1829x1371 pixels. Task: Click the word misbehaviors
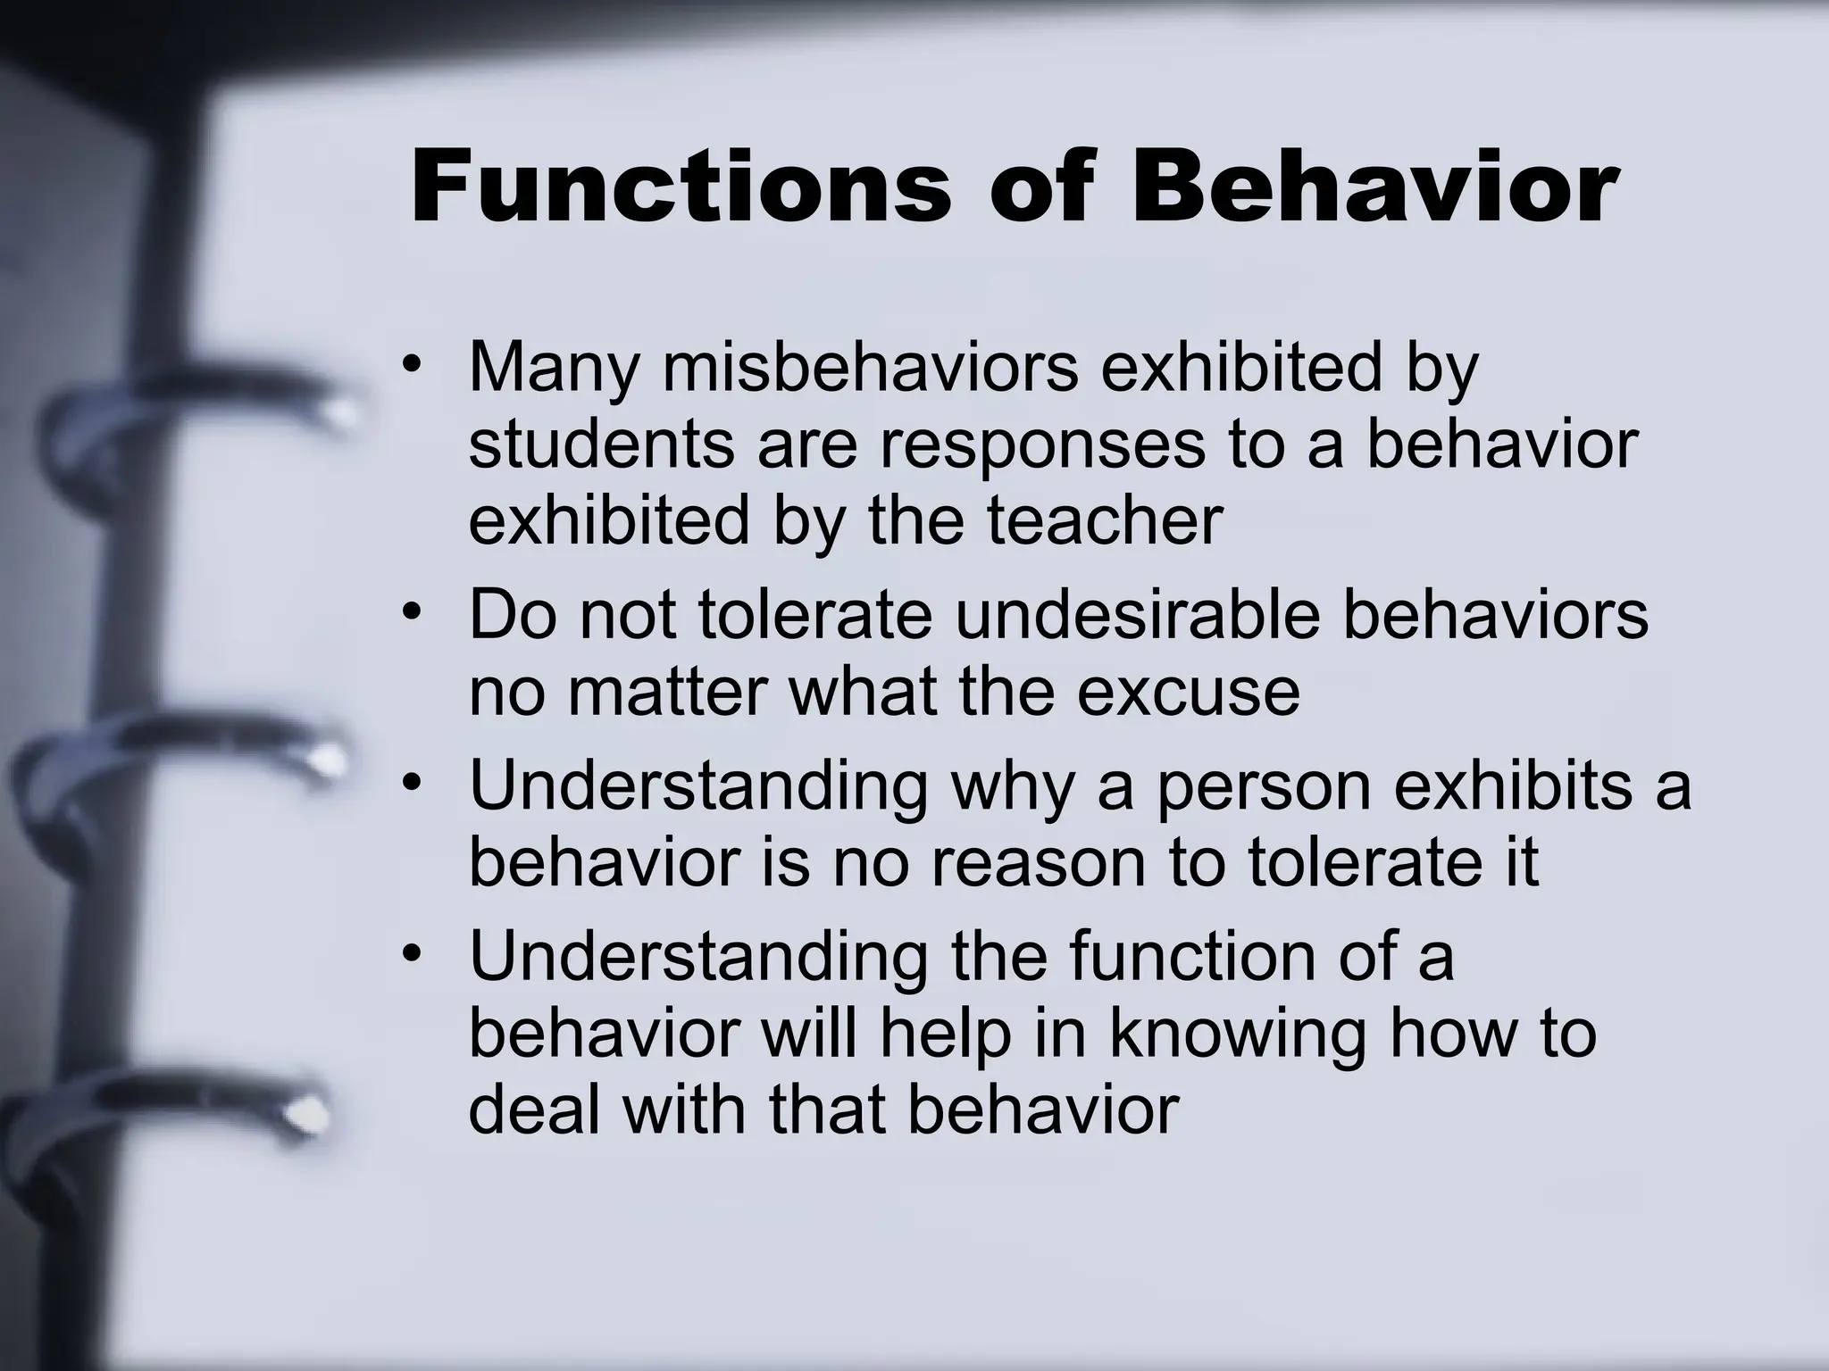coord(871,369)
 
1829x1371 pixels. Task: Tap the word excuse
coord(1188,692)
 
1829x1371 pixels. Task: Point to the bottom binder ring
coord(179,1107)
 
